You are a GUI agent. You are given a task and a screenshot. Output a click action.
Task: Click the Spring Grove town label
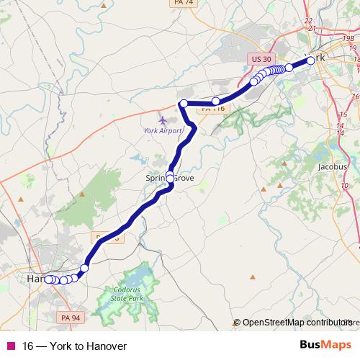pyautogui.click(x=171, y=177)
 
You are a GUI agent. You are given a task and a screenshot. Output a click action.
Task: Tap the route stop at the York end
pyautogui.click(x=311, y=61)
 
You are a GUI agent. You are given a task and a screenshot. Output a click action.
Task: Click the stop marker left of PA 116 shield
pyautogui.click(x=215, y=101)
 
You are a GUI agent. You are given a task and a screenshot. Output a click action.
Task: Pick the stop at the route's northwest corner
pyautogui.click(x=184, y=104)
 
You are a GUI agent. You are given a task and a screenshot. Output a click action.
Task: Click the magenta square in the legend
pyautogui.click(x=10, y=346)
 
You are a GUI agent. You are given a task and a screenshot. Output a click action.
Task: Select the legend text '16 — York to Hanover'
pyautogui.click(x=74, y=346)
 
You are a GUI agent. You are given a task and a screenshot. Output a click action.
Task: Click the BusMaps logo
pyautogui.click(x=325, y=346)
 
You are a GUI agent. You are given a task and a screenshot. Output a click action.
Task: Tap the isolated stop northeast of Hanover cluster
pyautogui.click(x=84, y=269)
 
